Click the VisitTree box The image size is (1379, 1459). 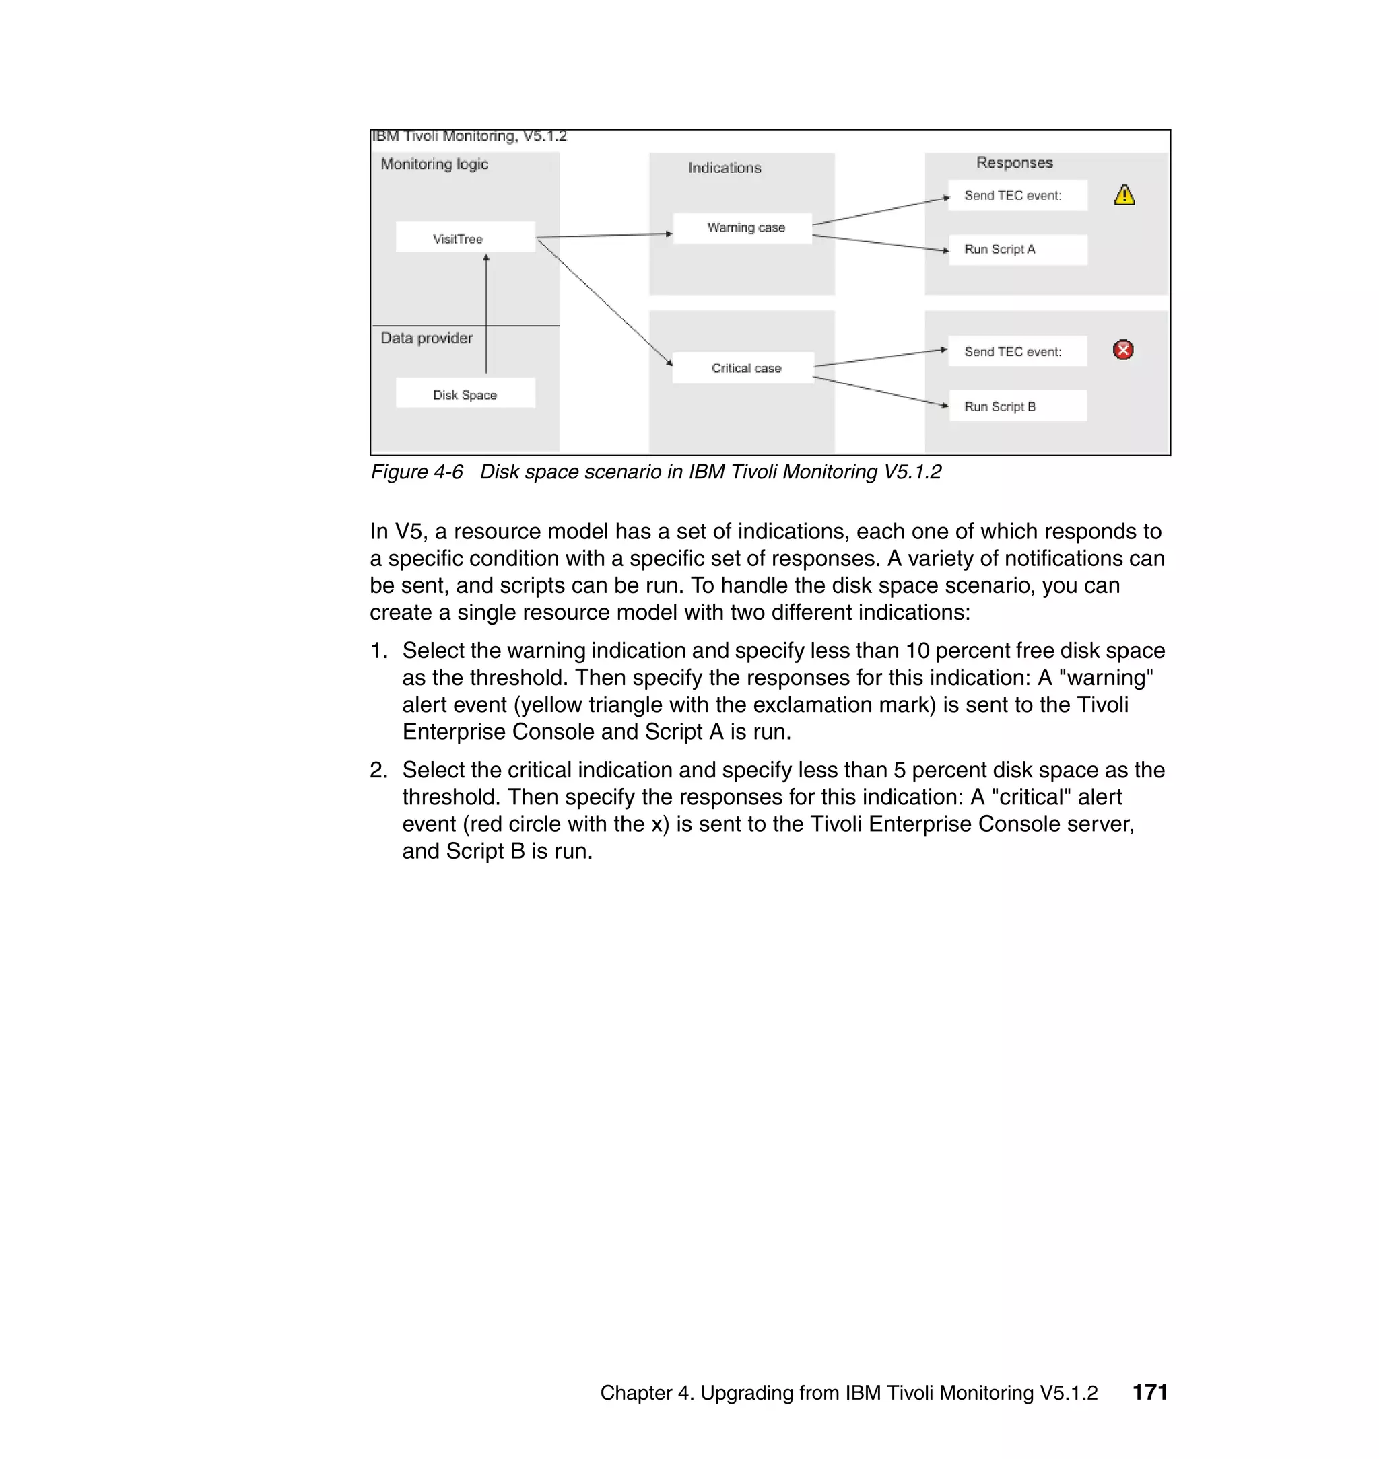coord(465,238)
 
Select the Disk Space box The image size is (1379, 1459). coord(465,394)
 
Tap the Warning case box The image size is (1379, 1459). coord(743,227)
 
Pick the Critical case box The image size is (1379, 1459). coord(743,368)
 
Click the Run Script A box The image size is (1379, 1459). coord(1017,250)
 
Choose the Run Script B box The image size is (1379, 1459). coord(1017,406)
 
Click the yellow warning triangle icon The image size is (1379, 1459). coord(1124,195)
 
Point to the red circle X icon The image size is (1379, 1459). coord(1122,350)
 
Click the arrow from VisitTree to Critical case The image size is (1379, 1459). coord(604,301)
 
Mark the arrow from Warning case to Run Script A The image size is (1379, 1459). coord(880,243)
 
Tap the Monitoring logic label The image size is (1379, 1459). coord(434,164)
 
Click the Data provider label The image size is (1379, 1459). coord(426,338)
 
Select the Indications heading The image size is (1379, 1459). coord(724,168)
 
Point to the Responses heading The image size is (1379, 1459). coord(1013,162)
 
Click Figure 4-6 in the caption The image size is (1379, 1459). coord(417,472)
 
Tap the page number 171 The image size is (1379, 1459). coord(1149,1392)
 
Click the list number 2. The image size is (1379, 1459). coord(378,770)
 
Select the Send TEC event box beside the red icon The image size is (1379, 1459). coord(1017,351)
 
